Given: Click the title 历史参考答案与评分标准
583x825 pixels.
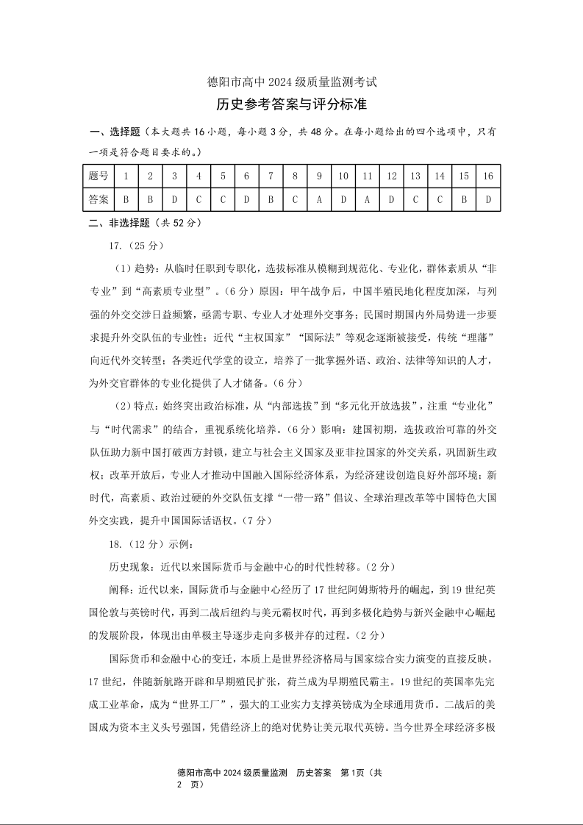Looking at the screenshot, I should point(292,105).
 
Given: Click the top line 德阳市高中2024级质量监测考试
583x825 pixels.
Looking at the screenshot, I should point(292,82).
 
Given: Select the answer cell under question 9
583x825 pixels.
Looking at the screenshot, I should point(319,199).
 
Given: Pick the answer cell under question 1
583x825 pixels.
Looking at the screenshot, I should point(126,199).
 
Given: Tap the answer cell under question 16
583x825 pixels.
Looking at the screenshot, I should point(487,199).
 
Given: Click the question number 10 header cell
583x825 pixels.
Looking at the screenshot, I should point(343,176).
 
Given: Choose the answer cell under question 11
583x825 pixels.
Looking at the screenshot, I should point(367,199).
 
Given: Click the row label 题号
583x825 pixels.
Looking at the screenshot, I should point(99,176).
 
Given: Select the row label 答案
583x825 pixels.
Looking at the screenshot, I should point(99,199).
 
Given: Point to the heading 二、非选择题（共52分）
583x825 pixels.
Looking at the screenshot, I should point(145,223).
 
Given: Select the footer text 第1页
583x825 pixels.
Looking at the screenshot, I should point(354,773).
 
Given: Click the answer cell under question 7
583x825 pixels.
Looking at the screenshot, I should point(271,199).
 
